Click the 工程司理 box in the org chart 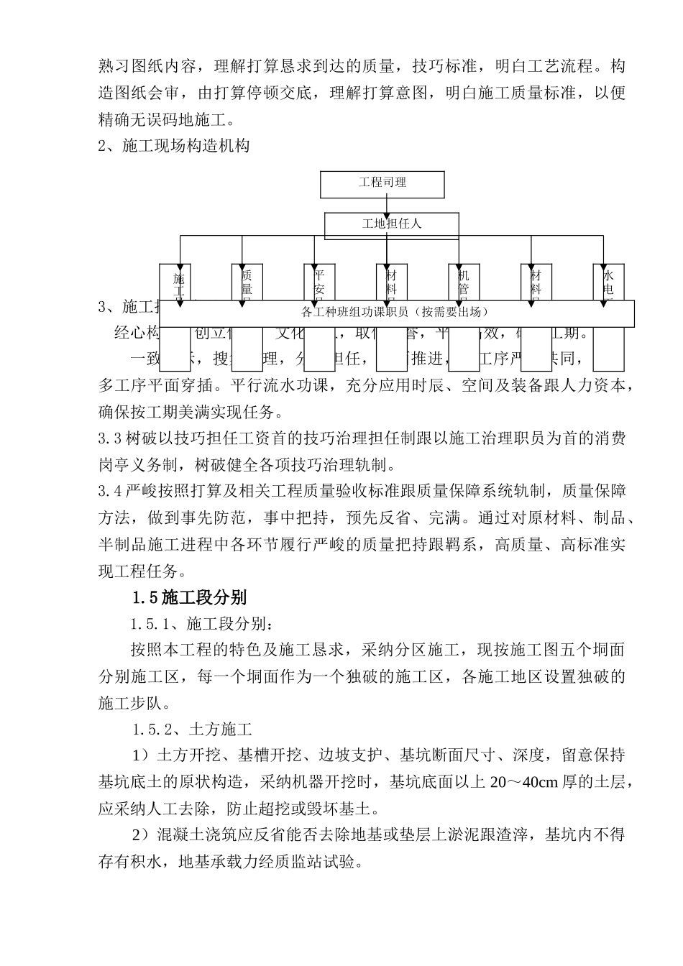tap(382, 183)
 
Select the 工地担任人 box tap(391, 224)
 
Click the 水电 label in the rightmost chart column tap(608, 282)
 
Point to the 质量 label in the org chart tap(247, 282)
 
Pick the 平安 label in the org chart tap(319, 282)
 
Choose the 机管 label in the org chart tap(464, 282)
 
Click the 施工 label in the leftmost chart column tap(179, 284)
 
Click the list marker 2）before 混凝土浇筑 tap(139, 835)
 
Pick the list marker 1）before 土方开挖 tap(139, 755)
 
